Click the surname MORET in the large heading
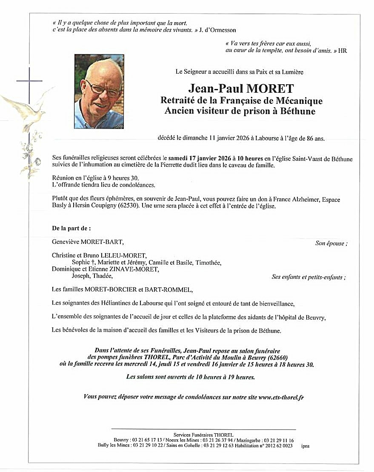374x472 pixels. pos(268,89)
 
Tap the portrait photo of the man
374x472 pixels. pos(99,92)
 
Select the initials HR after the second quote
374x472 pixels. pos(343,51)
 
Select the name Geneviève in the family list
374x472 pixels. pos(68,242)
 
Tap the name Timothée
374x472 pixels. pos(208,263)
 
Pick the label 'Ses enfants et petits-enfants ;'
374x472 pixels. pos(308,277)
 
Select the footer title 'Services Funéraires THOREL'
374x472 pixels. pos(203,435)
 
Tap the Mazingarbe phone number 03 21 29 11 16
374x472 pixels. pos(279,440)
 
